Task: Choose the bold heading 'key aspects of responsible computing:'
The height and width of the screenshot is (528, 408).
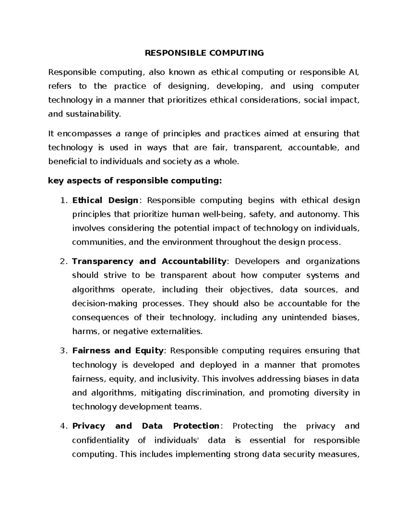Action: pyautogui.click(x=135, y=181)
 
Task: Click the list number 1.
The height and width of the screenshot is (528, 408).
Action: pyautogui.click(x=63, y=200)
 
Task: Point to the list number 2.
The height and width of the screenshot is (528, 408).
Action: pyautogui.click(x=63, y=261)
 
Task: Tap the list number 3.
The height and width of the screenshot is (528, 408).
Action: pyautogui.click(x=63, y=351)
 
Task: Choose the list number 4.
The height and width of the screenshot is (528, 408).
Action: pyautogui.click(x=63, y=426)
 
